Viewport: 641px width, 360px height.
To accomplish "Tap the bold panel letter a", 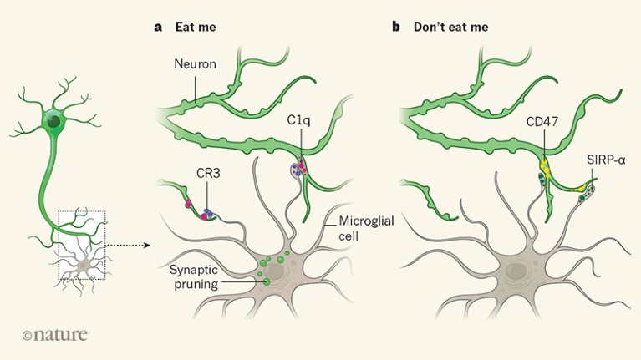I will pyautogui.click(x=157, y=27).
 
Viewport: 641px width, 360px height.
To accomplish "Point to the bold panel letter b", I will pyautogui.click(x=396, y=27).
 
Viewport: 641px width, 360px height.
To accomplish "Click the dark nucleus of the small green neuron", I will pyautogui.click(x=54, y=123).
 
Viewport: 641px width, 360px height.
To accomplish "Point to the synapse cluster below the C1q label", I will pyautogui.click(x=297, y=170).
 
